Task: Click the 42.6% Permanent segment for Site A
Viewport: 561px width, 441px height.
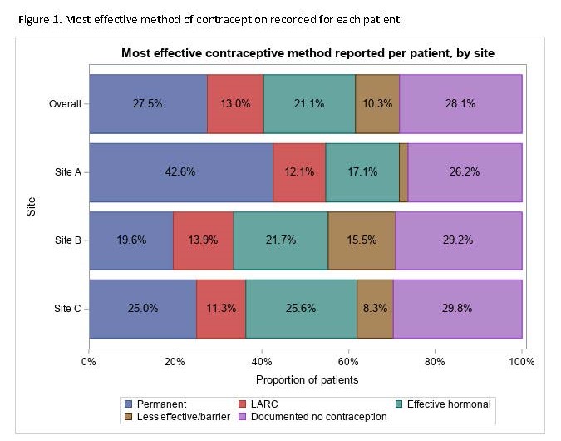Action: pyautogui.click(x=180, y=172)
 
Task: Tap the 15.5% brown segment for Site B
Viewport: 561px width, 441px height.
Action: pyautogui.click(x=362, y=240)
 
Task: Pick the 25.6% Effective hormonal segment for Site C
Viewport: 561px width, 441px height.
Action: pyautogui.click(x=301, y=309)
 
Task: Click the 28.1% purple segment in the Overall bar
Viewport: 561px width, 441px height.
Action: pyautogui.click(x=460, y=104)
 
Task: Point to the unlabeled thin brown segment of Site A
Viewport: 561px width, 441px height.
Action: pyautogui.click(x=403, y=172)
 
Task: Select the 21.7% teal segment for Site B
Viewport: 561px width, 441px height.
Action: pyautogui.click(x=281, y=240)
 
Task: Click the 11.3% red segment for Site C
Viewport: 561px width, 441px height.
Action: pyautogui.click(x=221, y=309)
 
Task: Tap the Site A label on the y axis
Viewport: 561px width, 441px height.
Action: pyautogui.click(x=67, y=172)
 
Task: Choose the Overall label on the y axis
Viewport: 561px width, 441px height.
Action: pyautogui.click(x=64, y=104)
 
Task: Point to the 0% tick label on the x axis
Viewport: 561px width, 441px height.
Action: pyautogui.click(x=89, y=362)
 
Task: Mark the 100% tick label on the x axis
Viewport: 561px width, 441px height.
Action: pyautogui.click(x=522, y=362)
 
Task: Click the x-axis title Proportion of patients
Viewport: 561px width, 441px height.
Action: pyautogui.click(x=307, y=380)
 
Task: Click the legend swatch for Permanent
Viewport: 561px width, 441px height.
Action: pyautogui.click(x=128, y=404)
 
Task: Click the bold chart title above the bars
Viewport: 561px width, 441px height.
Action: pyautogui.click(x=308, y=52)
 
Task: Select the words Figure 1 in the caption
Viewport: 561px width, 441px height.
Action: pyautogui.click(x=38, y=18)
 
